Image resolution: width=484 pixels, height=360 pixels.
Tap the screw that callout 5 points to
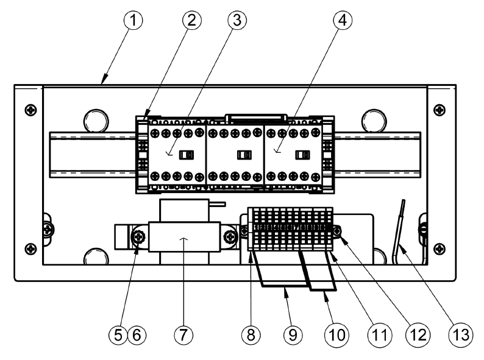tap(139, 236)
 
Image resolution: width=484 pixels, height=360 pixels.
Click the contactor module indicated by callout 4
tap(293, 155)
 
